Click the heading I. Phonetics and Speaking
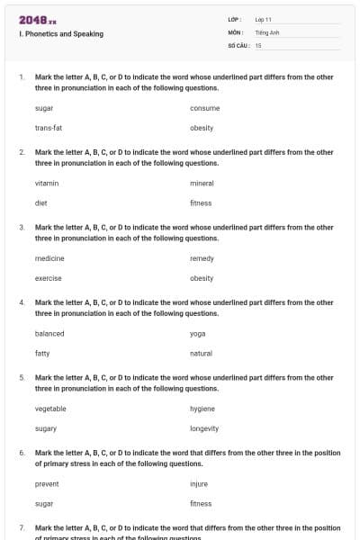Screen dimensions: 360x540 coord(60,34)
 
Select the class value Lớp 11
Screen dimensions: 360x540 coord(264,19)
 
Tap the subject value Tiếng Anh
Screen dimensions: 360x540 coord(267,31)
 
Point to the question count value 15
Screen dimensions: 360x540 coord(258,44)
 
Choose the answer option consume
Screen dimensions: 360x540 coord(205,108)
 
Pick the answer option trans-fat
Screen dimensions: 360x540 coord(49,128)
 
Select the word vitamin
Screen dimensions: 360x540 coord(47,183)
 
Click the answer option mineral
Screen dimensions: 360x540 coord(202,183)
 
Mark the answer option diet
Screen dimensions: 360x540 coord(41,202)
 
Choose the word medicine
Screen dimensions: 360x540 coord(49,258)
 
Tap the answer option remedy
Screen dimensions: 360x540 coord(202,258)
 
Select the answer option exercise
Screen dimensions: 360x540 coord(49,278)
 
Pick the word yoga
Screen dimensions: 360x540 coord(198,333)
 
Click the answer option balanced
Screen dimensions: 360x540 coord(49,333)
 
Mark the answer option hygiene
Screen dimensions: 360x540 coord(202,409)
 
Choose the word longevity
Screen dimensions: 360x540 coord(204,428)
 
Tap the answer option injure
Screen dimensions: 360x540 coord(199,483)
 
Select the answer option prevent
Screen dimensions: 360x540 coord(47,483)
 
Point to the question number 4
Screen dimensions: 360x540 coord(22,302)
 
